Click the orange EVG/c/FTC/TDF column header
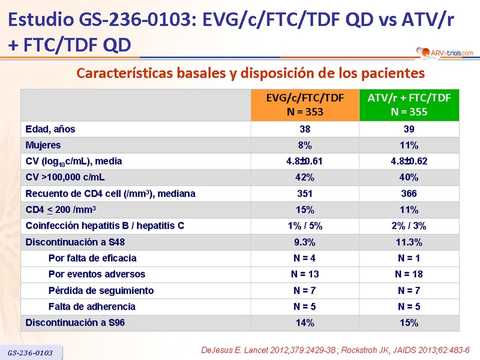click(305, 105)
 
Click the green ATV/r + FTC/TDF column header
click(409, 105)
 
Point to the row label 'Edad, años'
click(50, 129)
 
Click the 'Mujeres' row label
click(43, 145)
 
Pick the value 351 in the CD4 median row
click(305, 194)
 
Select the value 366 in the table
click(409, 194)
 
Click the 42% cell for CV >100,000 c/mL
click(305, 178)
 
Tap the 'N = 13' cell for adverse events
click(305, 274)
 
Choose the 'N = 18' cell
click(409, 274)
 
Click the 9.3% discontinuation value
click(305, 242)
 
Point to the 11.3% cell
click(409, 242)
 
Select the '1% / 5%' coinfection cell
click(305, 226)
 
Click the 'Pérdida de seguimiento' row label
click(101, 290)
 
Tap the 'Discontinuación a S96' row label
click(75, 323)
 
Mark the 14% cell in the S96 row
click(305, 323)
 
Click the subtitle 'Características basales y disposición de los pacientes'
click(251, 74)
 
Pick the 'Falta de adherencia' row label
click(92, 307)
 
